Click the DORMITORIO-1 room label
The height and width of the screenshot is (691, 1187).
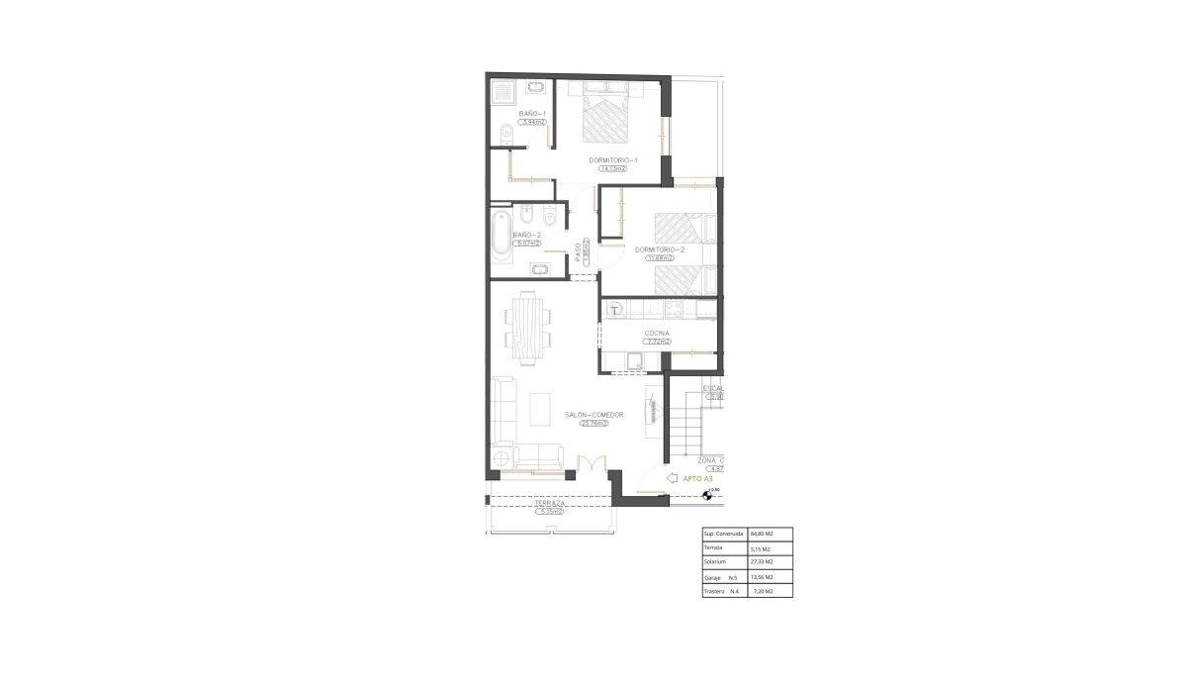[613, 160]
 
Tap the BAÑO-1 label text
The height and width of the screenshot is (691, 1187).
[532, 114]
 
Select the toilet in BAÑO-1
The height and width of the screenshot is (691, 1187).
[504, 133]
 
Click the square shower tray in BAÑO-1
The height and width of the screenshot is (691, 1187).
[503, 92]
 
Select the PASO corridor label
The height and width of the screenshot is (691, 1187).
[578, 253]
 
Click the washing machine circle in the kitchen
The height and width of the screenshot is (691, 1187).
[615, 310]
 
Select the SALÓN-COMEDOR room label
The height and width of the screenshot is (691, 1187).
[593, 415]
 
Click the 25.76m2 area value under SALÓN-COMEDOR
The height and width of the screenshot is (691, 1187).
[593, 424]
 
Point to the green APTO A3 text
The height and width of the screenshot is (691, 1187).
[698, 478]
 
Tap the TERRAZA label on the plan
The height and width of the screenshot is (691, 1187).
[550, 504]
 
